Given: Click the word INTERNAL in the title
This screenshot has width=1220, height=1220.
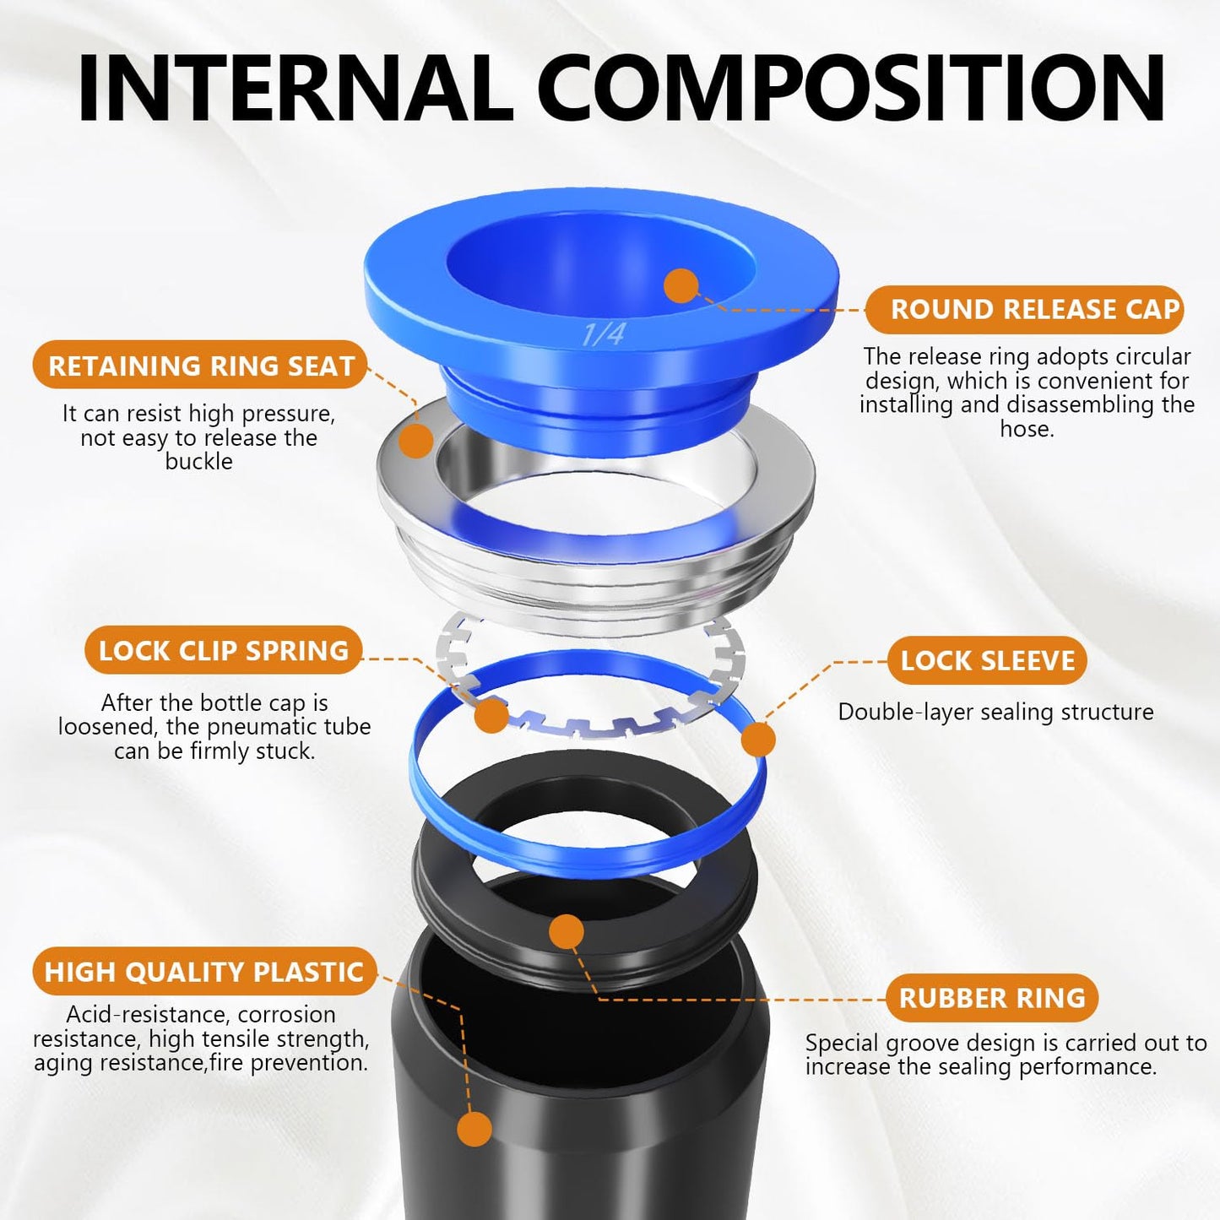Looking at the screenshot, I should (295, 89).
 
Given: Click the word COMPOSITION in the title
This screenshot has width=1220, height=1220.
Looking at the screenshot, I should (850, 89).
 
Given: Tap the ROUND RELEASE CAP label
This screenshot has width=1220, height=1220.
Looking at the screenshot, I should (1034, 310).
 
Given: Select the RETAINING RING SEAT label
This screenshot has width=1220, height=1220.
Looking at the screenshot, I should (201, 366).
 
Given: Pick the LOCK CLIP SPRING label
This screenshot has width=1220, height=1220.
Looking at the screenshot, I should (224, 651).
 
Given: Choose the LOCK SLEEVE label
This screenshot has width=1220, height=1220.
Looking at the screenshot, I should (988, 660).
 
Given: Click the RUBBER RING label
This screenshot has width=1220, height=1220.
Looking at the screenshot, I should (992, 998).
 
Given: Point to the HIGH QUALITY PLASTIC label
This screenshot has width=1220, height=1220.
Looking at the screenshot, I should (203, 972).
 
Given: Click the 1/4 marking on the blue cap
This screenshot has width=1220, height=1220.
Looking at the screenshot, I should (603, 334).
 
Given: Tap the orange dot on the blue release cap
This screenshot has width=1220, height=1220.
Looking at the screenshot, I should (680, 286).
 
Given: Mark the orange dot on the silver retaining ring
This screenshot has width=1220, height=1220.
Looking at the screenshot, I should (415, 441).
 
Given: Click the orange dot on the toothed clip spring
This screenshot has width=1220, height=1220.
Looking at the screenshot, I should (491, 716).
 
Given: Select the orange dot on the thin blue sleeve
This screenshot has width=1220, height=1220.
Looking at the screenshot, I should (757, 740).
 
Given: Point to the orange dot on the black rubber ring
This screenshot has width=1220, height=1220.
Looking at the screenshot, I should (566, 932).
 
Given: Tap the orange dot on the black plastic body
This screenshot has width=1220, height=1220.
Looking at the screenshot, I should (474, 1129).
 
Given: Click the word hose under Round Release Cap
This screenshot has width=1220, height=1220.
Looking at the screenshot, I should (1027, 429).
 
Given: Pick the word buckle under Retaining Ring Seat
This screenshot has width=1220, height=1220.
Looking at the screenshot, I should (198, 462).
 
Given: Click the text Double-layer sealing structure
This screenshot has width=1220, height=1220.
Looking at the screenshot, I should (995, 712).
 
